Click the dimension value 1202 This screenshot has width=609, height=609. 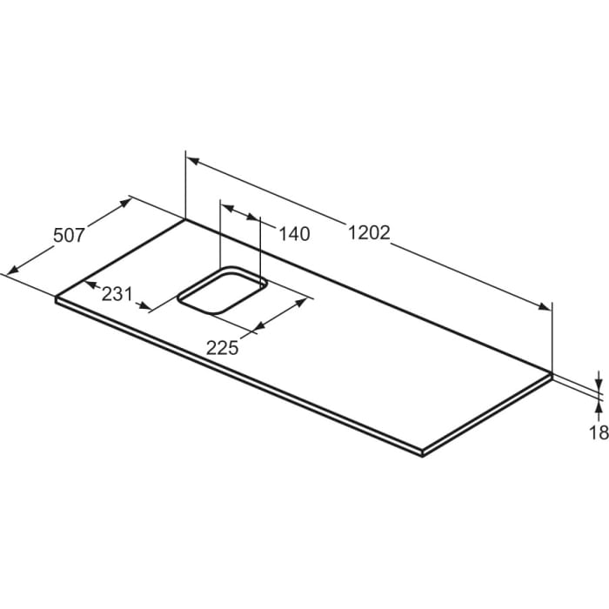(x=369, y=233)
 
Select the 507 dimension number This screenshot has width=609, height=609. (x=69, y=235)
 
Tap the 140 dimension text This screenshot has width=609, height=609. (x=295, y=233)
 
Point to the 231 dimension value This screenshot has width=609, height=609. (x=117, y=293)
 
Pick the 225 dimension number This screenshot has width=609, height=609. (x=222, y=346)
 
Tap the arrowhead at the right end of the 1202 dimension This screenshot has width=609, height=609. (x=545, y=306)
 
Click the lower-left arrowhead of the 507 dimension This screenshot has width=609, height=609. (x=11, y=270)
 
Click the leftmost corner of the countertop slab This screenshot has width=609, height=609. (x=57, y=298)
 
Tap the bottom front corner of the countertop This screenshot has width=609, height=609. (x=422, y=453)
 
